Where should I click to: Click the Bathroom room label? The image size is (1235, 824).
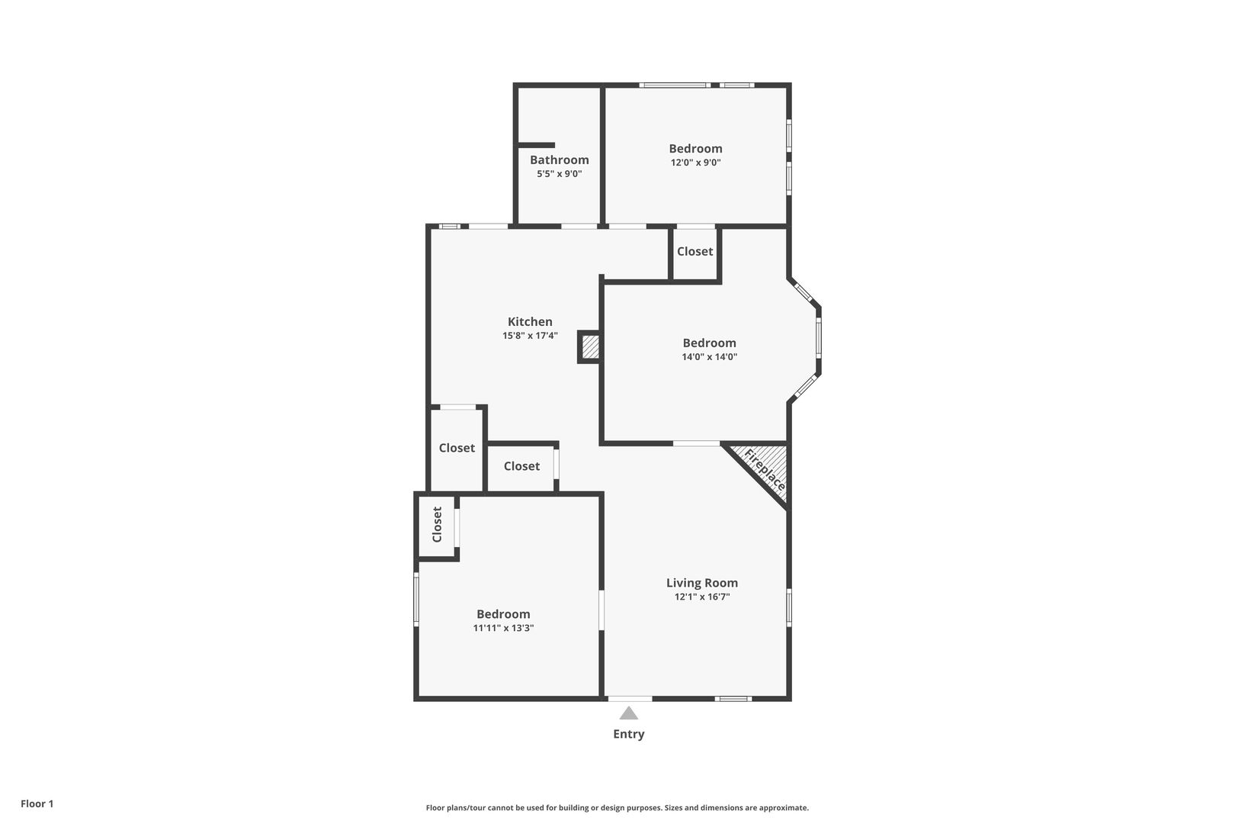click(559, 160)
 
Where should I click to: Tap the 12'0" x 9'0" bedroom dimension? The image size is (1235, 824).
click(695, 163)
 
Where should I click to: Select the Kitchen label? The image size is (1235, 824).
click(530, 322)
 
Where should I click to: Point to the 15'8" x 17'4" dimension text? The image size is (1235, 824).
click(530, 336)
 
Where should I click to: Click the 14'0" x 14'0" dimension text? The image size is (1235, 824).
click(709, 356)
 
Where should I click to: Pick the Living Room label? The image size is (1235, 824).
click(702, 583)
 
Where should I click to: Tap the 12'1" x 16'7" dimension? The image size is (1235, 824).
click(702, 597)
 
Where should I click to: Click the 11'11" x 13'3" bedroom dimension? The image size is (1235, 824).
click(503, 627)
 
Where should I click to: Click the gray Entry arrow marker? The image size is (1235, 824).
click(628, 713)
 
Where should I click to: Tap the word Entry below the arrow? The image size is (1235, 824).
click(628, 734)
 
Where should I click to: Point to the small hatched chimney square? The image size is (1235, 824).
click(590, 346)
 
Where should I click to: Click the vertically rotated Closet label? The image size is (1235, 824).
click(438, 524)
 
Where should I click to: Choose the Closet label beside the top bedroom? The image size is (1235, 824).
click(694, 252)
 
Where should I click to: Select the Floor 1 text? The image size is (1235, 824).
click(37, 803)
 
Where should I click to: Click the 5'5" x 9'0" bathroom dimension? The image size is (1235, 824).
click(559, 174)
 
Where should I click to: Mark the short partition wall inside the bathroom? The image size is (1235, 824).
click(535, 145)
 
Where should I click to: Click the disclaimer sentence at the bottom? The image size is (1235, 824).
click(617, 807)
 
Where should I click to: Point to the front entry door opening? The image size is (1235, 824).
click(630, 699)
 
